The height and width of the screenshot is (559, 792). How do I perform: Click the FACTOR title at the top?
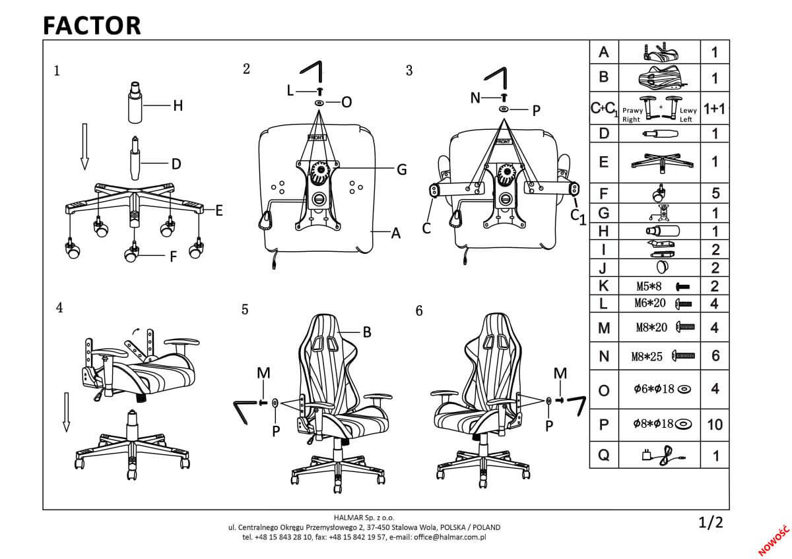click(x=92, y=25)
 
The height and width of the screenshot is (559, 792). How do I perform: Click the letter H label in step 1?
click(x=178, y=105)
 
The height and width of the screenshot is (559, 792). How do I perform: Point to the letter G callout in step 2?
click(x=401, y=169)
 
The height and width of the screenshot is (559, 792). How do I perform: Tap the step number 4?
click(x=59, y=308)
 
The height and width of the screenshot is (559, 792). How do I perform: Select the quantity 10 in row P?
click(x=714, y=425)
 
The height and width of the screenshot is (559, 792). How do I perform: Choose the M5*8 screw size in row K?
click(x=650, y=287)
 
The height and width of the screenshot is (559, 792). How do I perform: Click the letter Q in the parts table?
click(x=603, y=455)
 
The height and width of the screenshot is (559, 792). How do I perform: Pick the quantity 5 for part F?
click(x=715, y=194)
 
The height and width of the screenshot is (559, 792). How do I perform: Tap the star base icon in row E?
click(x=660, y=161)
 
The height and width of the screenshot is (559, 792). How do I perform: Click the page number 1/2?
click(x=711, y=524)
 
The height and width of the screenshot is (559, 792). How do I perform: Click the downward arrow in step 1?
click(x=84, y=144)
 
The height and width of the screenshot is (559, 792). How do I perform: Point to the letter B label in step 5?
click(x=367, y=333)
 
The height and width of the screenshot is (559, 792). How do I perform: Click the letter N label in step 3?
click(x=476, y=98)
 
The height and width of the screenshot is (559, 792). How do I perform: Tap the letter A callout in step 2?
click(x=396, y=233)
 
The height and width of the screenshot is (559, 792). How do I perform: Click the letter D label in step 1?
click(x=176, y=164)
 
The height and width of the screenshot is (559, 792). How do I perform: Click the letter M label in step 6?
click(x=560, y=373)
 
